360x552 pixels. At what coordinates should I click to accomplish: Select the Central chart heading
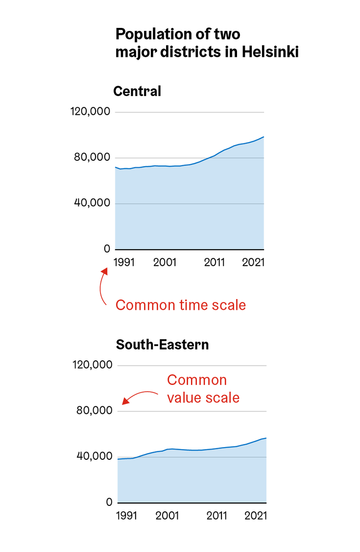pos(137,92)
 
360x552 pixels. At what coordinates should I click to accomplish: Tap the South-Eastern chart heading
pos(162,345)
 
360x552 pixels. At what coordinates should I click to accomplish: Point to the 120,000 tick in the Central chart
pos(91,112)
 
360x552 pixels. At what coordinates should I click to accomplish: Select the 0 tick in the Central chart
pos(107,249)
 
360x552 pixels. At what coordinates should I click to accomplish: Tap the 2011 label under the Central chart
pos(214,262)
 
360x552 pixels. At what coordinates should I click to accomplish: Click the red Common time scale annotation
pos(180,305)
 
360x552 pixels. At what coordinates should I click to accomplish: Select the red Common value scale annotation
pos(203,388)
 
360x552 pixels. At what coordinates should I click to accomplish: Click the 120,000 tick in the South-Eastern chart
pos(94,365)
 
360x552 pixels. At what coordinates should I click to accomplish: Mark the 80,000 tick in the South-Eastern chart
pos(96,411)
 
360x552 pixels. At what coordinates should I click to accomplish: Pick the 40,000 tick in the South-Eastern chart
pos(96,456)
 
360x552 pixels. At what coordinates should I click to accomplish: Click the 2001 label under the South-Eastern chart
pos(167,516)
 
